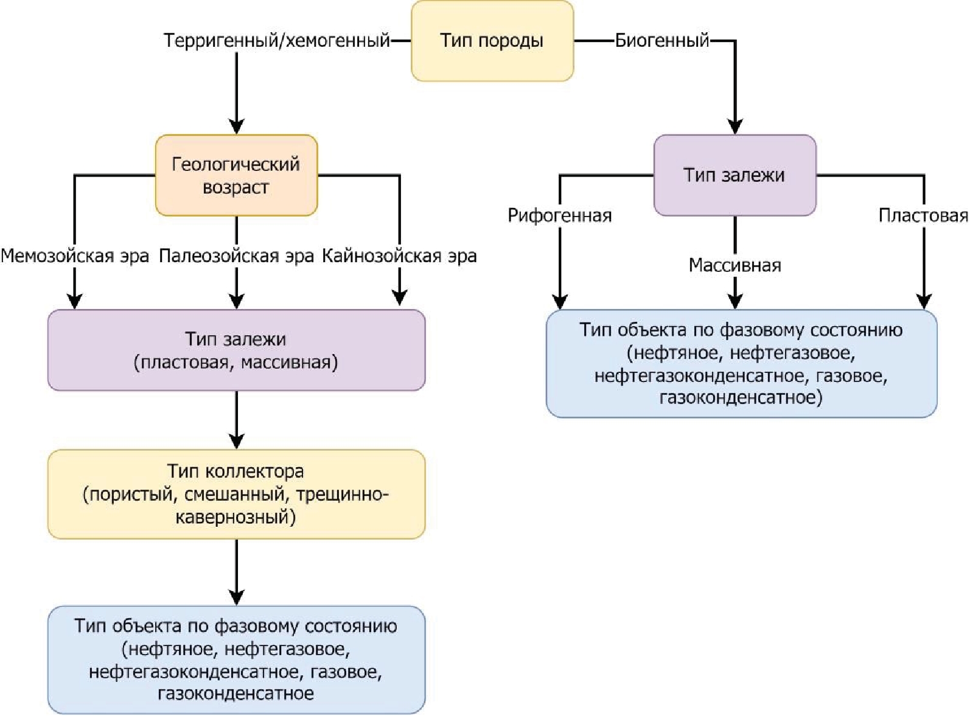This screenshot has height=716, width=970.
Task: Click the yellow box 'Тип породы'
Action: (492, 41)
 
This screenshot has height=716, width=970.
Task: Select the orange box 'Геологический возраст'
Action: (236, 175)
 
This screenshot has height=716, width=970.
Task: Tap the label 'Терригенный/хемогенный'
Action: (276, 41)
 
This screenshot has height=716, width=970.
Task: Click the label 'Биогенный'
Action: (662, 41)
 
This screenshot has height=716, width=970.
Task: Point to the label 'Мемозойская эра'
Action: (75, 256)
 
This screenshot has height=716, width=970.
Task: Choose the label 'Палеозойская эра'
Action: (236, 256)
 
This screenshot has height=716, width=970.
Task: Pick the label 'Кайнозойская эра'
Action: (399, 256)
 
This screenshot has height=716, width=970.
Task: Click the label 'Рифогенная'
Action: (559, 215)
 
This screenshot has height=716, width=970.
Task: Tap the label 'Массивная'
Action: (734, 265)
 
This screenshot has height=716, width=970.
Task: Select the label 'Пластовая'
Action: (923, 215)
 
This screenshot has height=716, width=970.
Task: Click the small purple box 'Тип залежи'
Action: (734, 175)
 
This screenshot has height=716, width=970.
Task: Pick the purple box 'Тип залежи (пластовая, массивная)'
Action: (236, 350)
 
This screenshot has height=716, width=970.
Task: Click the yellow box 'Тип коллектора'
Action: (236, 494)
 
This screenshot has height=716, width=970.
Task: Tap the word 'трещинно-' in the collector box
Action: (341, 495)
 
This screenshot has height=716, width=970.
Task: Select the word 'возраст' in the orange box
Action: (236, 187)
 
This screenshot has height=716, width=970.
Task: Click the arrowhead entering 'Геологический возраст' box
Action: (236, 127)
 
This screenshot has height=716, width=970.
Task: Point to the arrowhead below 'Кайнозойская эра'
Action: (399, 297)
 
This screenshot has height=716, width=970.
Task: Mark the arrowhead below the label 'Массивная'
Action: (735, 301)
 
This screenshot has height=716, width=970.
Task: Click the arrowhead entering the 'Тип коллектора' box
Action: (236, 441)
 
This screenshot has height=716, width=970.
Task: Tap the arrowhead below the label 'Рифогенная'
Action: (560, 301)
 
